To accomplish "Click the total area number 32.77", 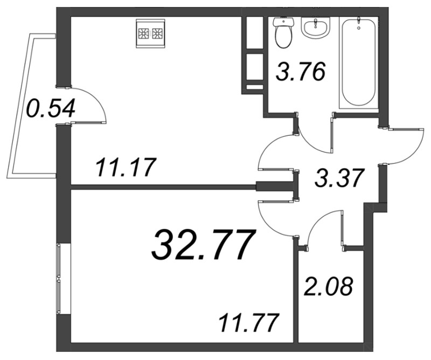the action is coord(202,245).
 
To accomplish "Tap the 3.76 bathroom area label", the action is coord(301,72).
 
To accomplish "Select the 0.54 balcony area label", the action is coord(51,108).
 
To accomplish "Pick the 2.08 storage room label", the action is coord(328,287).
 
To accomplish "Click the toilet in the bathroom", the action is coord(284,32).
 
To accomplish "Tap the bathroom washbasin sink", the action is coord(315,27).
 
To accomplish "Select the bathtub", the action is coord(359,62).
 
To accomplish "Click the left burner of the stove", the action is coord(143,33).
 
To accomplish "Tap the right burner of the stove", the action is coord(157,33).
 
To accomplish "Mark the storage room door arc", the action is coord(316,220).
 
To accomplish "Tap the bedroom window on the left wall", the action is coord(59,279).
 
